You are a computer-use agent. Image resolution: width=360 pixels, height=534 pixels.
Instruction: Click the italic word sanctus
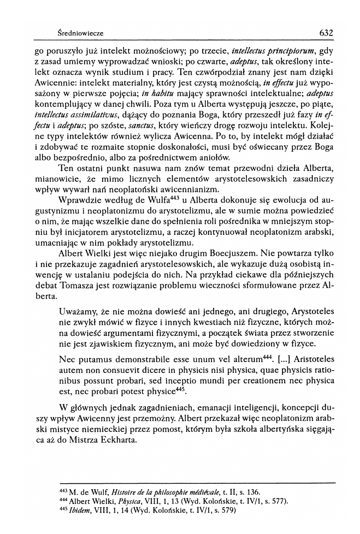pyautogui.click(x=141, y=129)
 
